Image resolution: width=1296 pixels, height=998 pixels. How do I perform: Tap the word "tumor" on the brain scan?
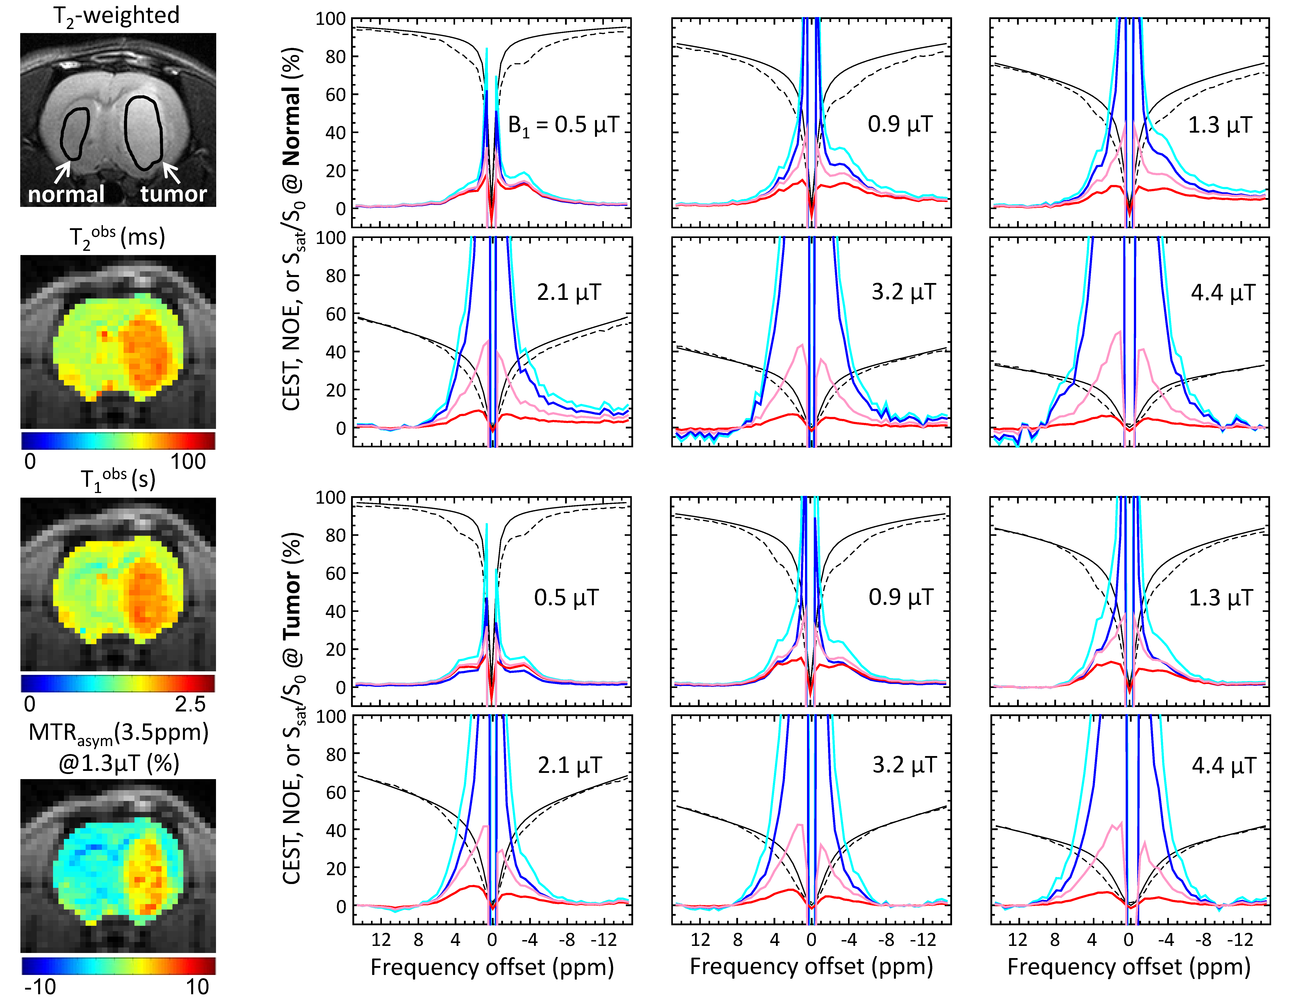point(173,194)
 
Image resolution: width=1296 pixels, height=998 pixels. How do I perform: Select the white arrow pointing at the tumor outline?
point(171,173)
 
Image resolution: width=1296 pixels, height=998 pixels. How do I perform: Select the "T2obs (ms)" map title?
point(117,237)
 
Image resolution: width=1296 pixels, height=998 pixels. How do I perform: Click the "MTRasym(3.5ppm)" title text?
point(118,733)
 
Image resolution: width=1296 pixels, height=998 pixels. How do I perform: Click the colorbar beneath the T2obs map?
point(118,440)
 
